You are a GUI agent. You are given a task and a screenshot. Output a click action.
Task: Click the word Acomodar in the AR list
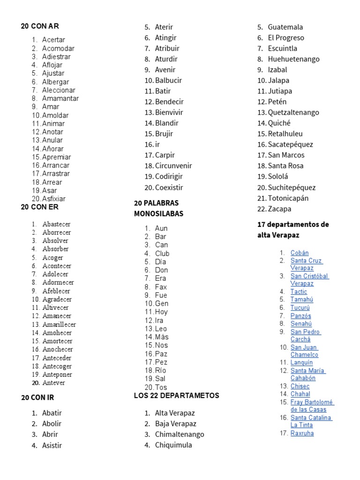point(58,48)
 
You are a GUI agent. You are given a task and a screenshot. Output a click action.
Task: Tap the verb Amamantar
point(60,98)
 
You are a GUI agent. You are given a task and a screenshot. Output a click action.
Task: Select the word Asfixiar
point(54,199)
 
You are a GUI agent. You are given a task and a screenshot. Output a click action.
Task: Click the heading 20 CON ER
point(40,207)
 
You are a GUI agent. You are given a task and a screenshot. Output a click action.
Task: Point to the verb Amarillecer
point(59,324)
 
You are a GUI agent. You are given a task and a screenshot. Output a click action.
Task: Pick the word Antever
point(54,382)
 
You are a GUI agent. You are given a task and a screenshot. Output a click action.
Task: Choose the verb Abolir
point(52,423)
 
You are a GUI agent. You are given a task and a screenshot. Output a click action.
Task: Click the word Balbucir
point(168,80)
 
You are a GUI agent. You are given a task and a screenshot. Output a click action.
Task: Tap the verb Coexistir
point(169,187)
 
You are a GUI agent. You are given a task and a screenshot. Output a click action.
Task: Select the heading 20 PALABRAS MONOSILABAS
point(158,208)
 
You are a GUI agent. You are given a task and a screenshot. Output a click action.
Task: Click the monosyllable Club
point(162,254)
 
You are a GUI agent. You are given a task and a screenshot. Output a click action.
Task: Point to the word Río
point(160,370)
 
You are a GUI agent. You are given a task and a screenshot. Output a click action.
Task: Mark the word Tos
point(161,387)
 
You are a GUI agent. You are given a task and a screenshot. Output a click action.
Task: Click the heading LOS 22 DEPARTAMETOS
point(176,396)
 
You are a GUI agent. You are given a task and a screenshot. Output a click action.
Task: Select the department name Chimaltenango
point(180,434)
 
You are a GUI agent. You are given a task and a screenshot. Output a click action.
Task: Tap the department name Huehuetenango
point(293,59)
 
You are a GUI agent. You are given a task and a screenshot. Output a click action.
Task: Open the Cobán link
point(300,253)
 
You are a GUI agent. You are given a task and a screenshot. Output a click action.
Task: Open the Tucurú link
point(300,307)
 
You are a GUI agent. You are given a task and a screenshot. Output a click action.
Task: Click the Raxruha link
point(302,433)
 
